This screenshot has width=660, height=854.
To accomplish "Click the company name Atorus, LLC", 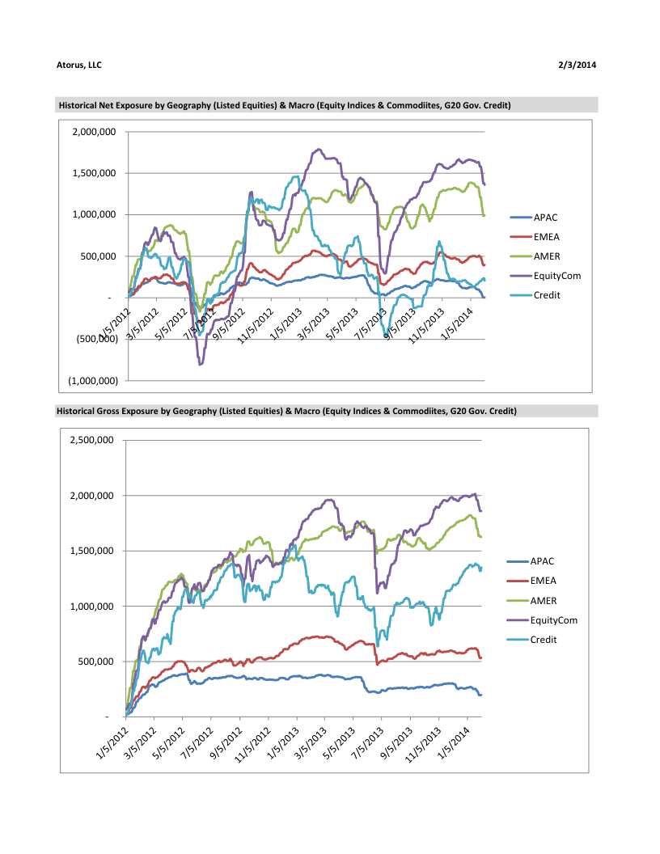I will click(79, 65).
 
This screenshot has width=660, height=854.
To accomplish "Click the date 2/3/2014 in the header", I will click(577, 65).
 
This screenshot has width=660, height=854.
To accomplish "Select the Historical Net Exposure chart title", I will click(284, 105).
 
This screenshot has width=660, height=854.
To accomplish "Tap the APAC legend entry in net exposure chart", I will click(545, 217).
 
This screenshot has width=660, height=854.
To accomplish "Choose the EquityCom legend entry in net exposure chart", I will click(556, 276).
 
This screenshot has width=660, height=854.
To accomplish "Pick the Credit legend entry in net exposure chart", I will click(547, 295).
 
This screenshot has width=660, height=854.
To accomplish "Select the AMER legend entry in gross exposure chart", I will click(544, 600).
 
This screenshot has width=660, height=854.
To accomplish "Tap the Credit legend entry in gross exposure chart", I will click(544, 640).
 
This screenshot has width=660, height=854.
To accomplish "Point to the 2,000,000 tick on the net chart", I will click(95, 132).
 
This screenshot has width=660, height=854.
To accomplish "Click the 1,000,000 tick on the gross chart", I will click(98, 607).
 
